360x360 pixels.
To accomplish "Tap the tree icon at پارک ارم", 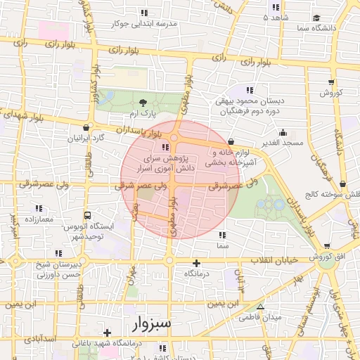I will (144, 103).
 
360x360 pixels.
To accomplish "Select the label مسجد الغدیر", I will (283, 143).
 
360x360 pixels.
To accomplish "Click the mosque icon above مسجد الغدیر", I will (283, 132).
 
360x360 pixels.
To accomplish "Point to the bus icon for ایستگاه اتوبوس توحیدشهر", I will (87, 215).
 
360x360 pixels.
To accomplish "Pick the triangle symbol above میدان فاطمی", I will (261, 307).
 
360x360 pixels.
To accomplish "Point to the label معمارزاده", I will (39, 219).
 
